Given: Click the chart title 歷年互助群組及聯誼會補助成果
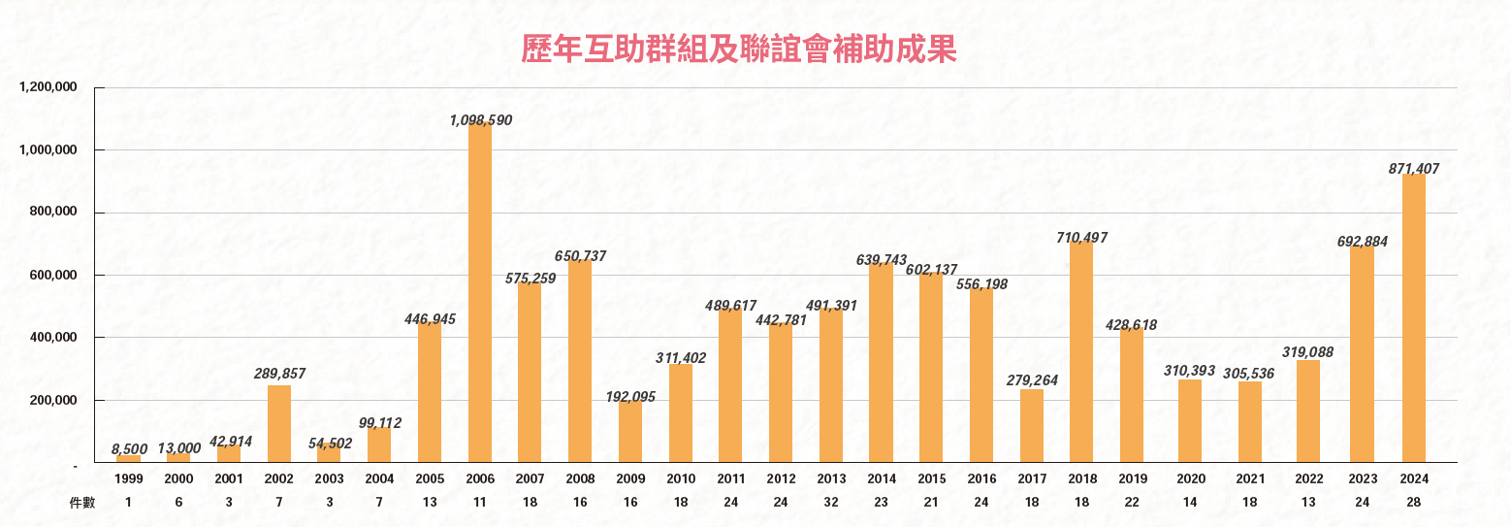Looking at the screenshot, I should click(x=739, y=49).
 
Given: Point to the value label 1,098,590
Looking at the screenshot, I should click(x=480, y=120).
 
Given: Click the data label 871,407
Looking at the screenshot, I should click(x=1414, y=169).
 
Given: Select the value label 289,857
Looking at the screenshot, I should click(x=278, y=374).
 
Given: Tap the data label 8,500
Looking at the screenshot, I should click(x=129, y=448).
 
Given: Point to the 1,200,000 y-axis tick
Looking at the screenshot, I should click(x=48, y=88).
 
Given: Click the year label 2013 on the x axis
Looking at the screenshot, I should click(x=831, y=479).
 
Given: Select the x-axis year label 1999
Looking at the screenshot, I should click(x=129, y=479).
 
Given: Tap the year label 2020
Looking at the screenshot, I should click(x=1190, y=479).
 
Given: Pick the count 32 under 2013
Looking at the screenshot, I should click(x=831, y=502).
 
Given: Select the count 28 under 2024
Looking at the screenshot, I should click(x=1414, y=502).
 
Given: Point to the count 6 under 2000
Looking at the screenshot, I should click(x=178, y=502).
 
